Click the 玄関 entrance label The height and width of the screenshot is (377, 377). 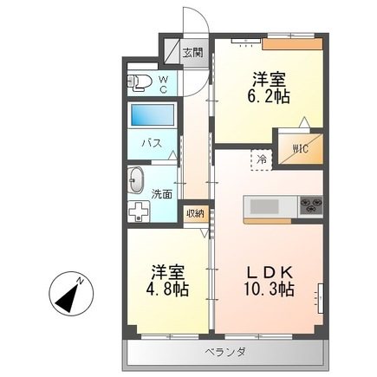192,54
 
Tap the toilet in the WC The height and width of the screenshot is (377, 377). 140,84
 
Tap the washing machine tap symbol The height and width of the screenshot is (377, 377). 137,211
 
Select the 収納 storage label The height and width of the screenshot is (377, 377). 195,213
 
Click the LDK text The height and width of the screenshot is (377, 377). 268,269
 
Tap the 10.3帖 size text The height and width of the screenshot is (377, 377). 268,289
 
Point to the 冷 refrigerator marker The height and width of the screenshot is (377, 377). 260,159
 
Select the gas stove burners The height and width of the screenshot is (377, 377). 310,206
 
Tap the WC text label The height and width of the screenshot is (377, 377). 162,82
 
